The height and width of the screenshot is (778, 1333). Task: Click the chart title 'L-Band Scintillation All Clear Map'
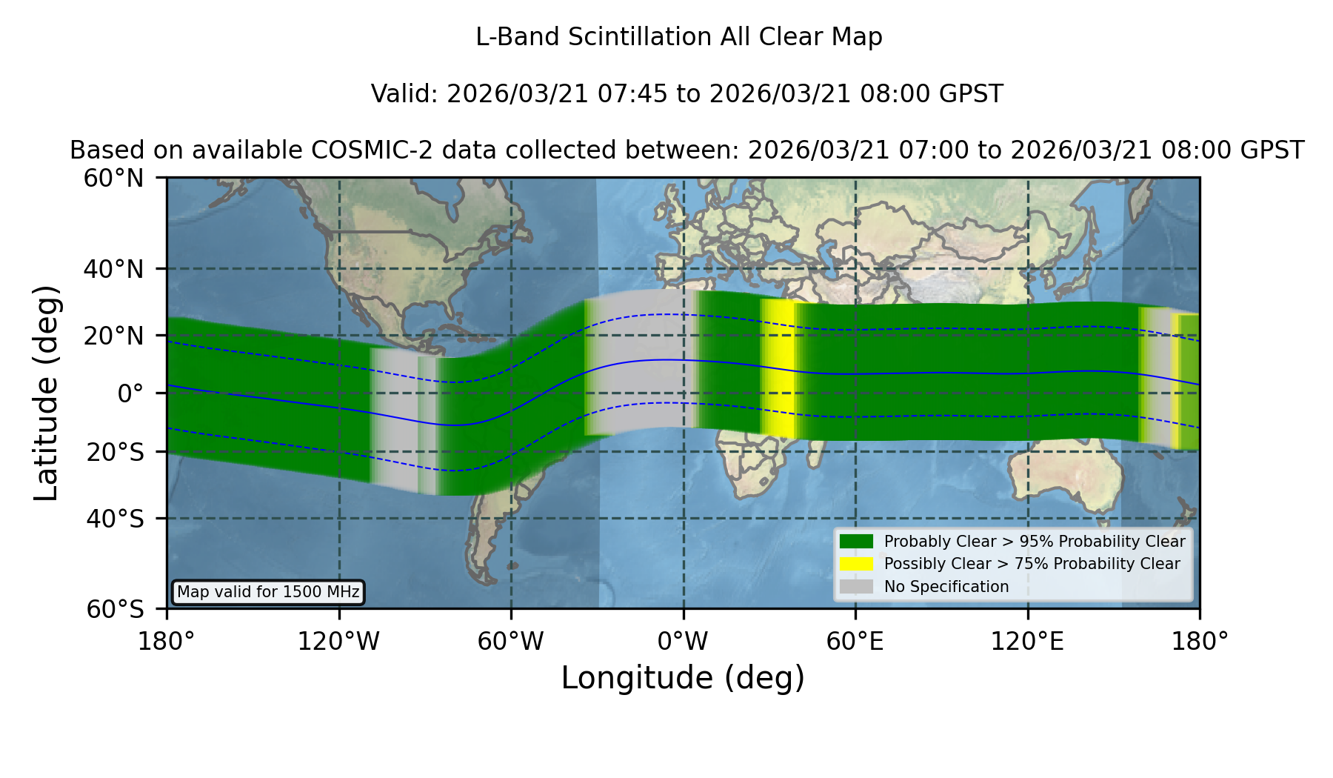coord(678,37)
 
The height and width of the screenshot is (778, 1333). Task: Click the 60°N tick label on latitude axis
coord(113,179)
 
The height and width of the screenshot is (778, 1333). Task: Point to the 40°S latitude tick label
coord(115,519)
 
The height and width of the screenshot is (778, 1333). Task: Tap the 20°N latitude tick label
coord(113,336)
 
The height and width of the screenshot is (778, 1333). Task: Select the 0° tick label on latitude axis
coord(130,393)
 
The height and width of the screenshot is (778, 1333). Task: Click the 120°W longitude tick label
coord(338,641)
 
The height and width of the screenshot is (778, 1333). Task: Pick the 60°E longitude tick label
coord(855,641)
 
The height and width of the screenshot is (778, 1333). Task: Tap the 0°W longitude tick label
coord(683,641)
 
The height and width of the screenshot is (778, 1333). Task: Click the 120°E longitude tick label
coord(1027,641)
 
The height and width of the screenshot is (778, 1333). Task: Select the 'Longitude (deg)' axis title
coord(683,678)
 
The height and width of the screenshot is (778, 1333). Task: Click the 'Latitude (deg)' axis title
coord(46,393)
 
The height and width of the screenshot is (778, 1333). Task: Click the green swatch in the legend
coord(856,542)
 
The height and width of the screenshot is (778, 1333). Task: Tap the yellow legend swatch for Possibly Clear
coord(856,564)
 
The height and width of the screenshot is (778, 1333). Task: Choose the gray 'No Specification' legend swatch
coord(856,587)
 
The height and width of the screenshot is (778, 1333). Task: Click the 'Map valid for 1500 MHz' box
coord(268,592)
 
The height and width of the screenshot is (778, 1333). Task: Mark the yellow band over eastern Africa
coord(778,368)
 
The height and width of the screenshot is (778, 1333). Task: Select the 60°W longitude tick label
coord(511,641)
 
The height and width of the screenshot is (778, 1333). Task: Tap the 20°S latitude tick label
coord(115,452)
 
